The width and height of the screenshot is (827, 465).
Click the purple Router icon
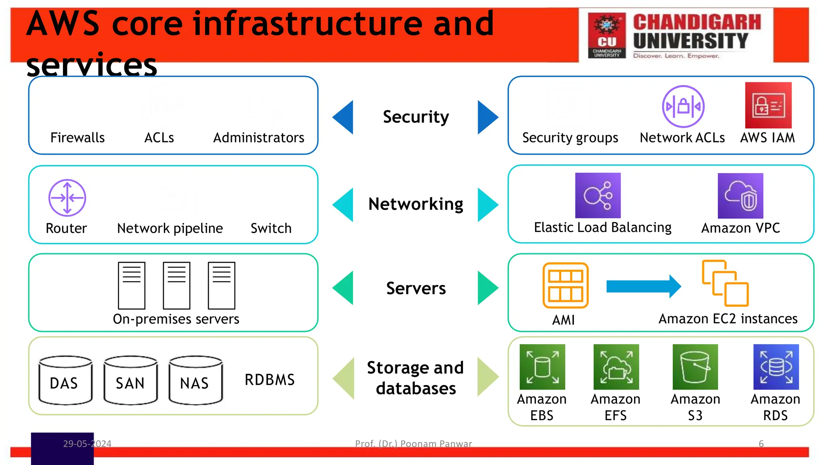67,198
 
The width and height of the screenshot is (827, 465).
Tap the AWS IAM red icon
768,105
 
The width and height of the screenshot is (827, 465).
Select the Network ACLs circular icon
683,107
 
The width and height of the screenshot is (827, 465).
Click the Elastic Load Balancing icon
598,195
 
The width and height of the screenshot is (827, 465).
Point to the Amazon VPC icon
740,196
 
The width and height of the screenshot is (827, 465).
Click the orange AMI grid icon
565,285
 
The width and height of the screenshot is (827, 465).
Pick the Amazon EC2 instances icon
725,283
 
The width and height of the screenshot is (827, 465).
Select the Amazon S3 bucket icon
695,367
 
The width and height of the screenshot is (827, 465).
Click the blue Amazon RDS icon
776,367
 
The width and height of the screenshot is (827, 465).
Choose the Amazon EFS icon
616,367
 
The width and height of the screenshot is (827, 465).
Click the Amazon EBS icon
542,367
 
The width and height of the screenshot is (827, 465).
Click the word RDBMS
269,380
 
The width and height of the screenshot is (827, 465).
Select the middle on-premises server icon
176,285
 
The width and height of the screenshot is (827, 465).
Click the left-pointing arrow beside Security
344,117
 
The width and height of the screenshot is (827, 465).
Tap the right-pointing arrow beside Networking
487,205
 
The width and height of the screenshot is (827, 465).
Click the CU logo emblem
607,35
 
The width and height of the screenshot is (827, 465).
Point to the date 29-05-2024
87,444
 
